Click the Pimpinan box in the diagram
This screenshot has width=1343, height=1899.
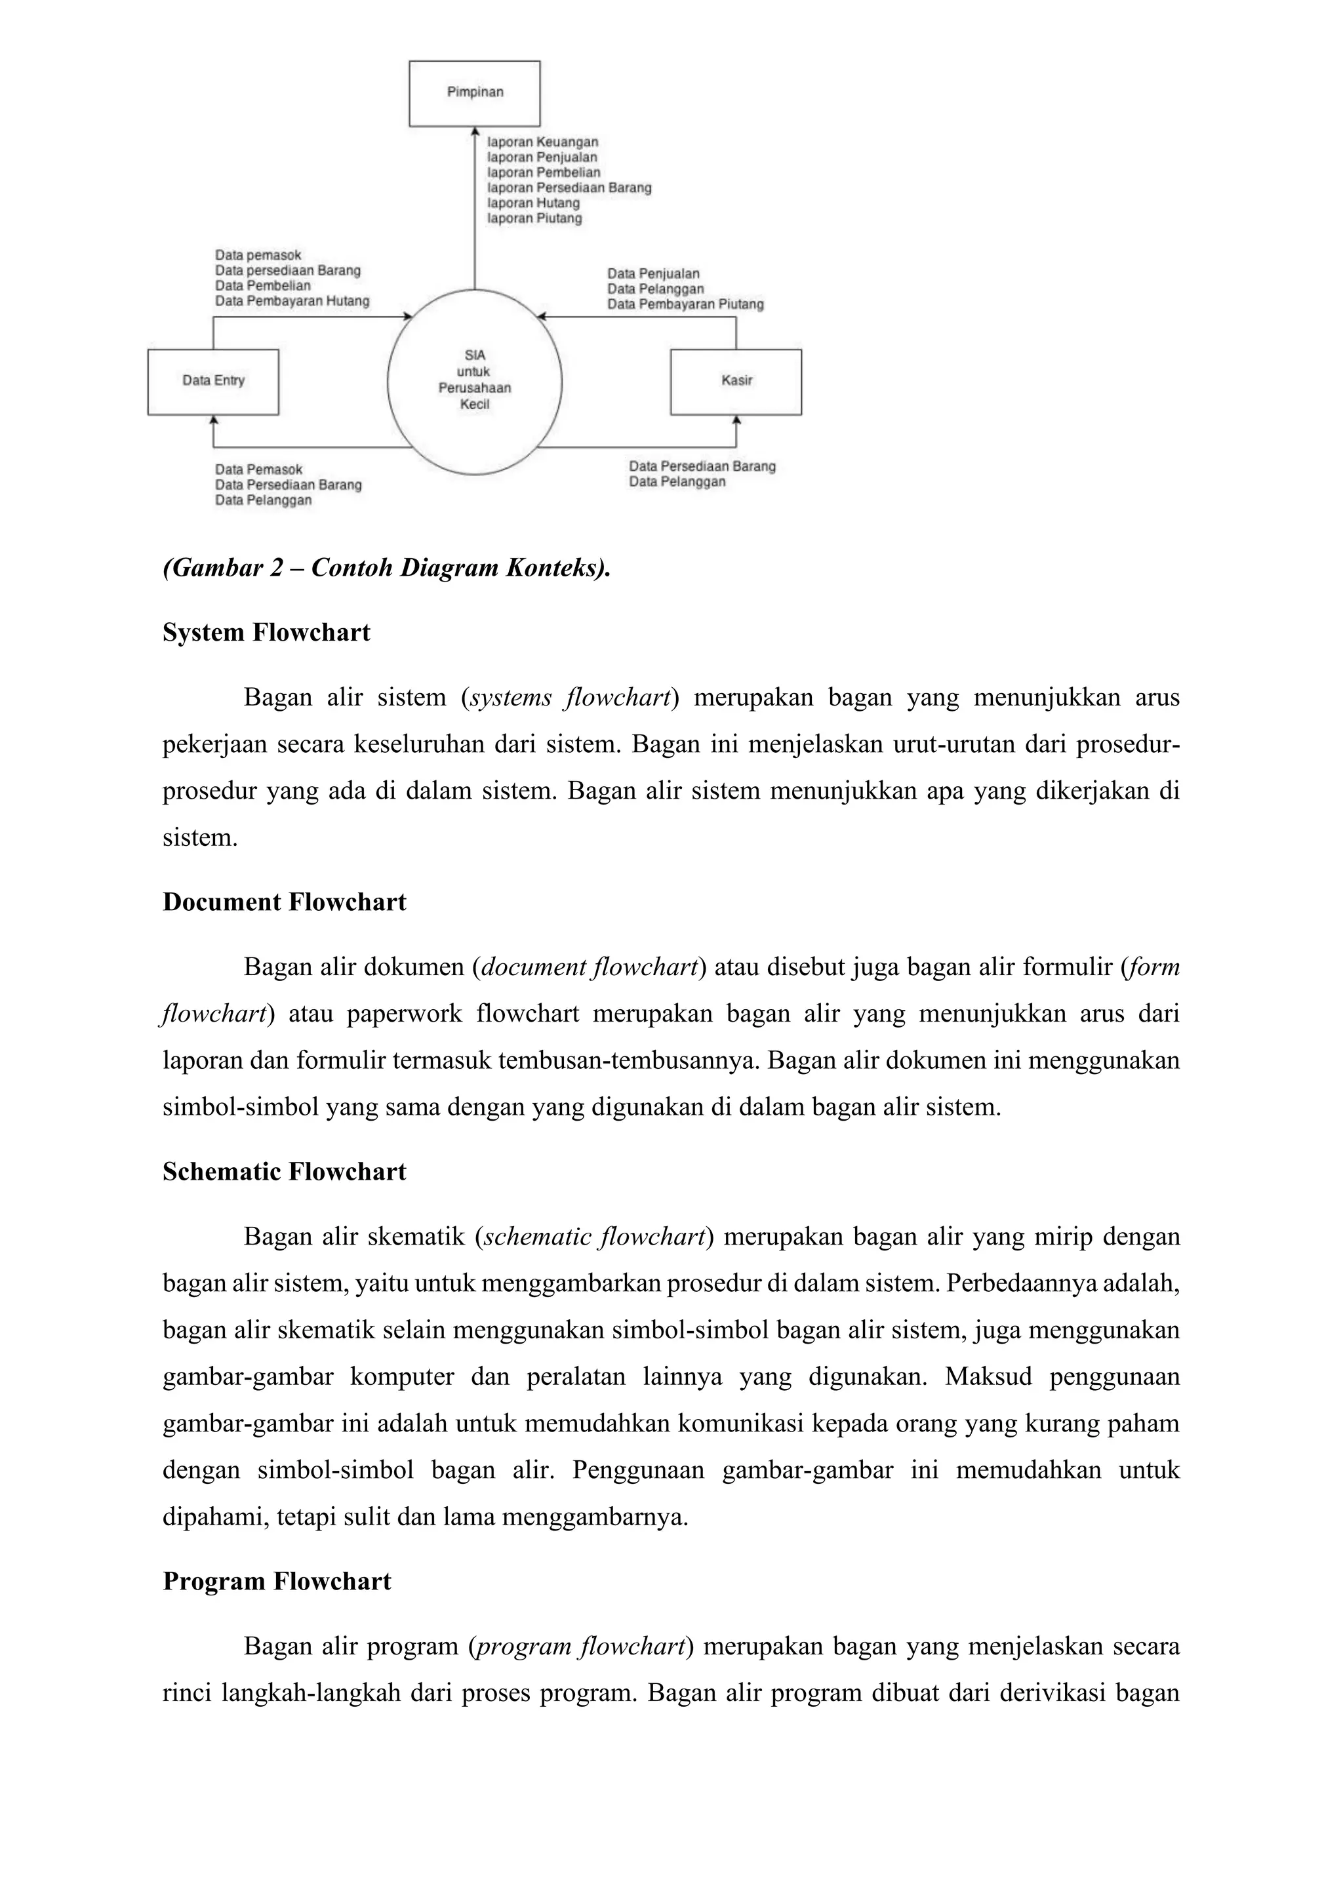tap(475, 92)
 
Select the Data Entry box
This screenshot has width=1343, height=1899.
tap(213, 381)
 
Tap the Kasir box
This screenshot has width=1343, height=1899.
tap(736, 381)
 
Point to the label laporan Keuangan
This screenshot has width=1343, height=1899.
tap(542, 142)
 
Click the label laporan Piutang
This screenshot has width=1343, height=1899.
tap(534, 218)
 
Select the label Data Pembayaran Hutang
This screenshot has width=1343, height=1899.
tap(292, 301)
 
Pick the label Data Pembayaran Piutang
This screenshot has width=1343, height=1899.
tap(685, 304)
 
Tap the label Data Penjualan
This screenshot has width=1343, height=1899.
tap(653, 273)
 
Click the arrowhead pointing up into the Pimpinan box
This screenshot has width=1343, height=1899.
tap(475, 130)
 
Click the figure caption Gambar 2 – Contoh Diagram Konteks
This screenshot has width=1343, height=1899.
tap(386, 569)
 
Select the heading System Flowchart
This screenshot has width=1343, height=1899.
tap(266, 633)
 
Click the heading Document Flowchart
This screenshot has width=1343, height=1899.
tap(285, 902)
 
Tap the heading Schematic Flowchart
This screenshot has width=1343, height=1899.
tap(285, 1171)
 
